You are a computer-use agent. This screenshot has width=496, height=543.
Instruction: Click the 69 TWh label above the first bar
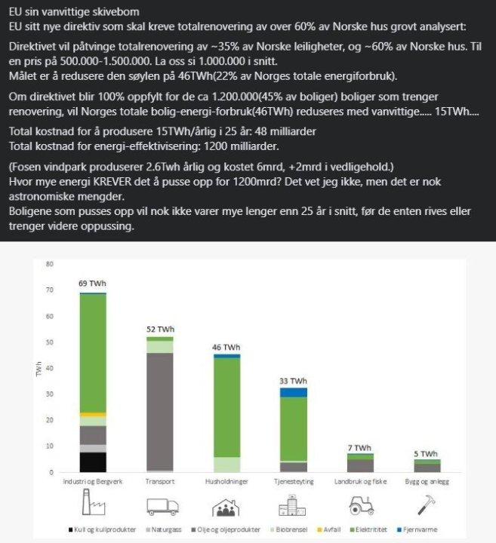93,284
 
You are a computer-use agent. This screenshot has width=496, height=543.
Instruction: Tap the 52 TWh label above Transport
159,329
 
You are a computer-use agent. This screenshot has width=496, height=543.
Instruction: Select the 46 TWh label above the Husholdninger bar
226,346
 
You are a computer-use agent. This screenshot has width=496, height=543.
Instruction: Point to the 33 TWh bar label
293,380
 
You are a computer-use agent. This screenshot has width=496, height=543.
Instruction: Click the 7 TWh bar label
359,447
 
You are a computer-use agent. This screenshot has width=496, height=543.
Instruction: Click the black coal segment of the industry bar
93,462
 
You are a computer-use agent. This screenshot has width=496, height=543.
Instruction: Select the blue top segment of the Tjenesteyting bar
293,392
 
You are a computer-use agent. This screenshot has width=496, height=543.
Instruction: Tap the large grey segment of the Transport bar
159,411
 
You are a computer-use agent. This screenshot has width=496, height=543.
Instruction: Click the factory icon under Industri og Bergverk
92,505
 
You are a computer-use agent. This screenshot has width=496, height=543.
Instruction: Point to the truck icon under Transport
159,506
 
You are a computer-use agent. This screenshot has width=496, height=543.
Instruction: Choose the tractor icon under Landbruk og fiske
359,506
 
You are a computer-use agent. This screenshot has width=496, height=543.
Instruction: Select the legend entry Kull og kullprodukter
97,530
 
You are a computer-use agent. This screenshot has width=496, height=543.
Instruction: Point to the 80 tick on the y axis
49,265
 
